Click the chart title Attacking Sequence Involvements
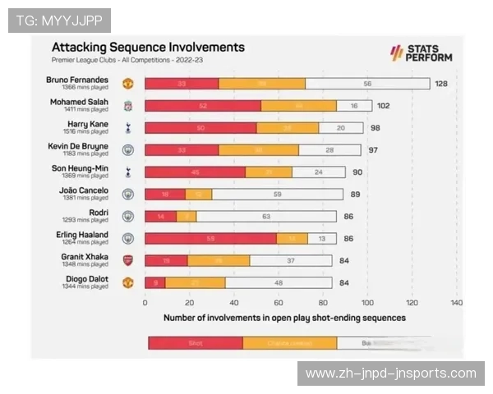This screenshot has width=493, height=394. click(x=148, y=48)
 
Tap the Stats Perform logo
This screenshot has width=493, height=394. click(x=420, y=53)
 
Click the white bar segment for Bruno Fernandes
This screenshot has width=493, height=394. click(x=367, y=84)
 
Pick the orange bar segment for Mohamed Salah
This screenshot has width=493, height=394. click(x=298, y=106)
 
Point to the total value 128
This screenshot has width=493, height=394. click(x=441, y=84)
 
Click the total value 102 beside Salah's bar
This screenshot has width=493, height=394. click(x=383, y=106)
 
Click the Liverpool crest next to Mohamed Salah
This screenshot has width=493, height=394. click(x=127, y=106)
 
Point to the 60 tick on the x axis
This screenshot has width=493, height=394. click(x=279, y=302)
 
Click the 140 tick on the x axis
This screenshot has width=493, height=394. click(x=456, y=302)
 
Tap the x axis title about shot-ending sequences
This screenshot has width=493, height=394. click(x=284, y=317)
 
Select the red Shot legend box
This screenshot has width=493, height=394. click(x=196, y=343)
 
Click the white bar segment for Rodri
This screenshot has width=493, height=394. click(x=266, y=217)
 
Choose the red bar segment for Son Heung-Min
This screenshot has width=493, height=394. click(x=195, y=172)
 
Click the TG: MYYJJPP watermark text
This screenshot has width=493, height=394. click(x=59, y=20)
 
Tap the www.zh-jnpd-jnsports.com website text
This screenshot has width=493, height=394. click(x=390, y=373)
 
